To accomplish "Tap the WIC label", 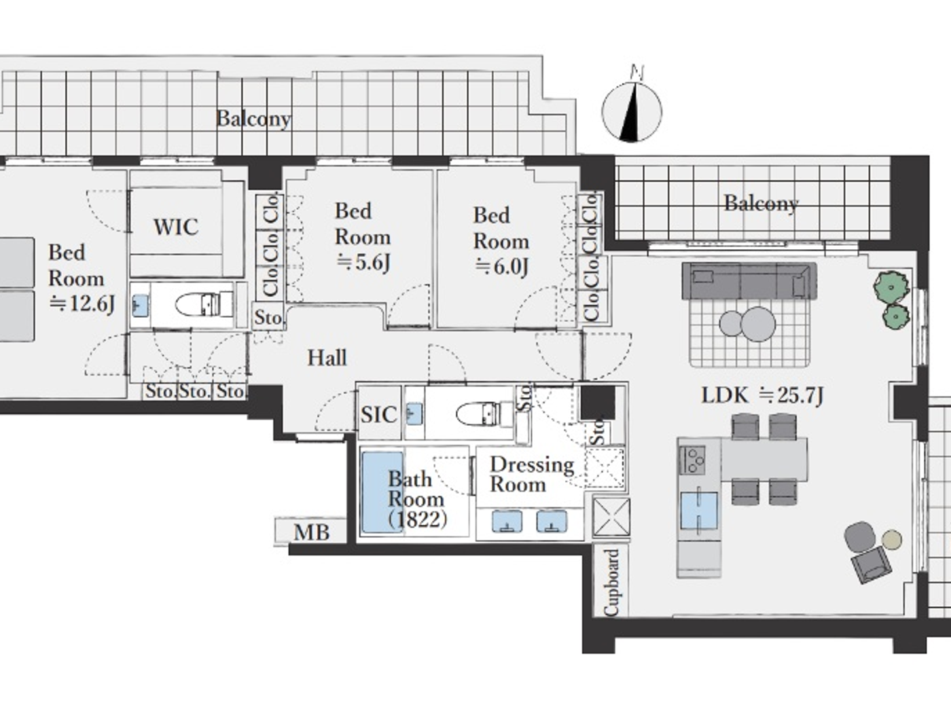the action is point(176,227).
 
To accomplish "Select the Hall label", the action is point(327,358).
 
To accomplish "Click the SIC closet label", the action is point(378,415).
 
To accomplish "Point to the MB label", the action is point(312,532).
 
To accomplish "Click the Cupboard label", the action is point(611,582).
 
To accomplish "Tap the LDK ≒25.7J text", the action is point(762,395).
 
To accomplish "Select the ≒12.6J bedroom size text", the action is point(82,304).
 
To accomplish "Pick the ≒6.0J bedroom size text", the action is point(502,266).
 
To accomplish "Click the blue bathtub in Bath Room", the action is point(382,492).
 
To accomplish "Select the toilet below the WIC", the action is point(204,304).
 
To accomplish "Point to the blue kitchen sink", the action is point(699,511).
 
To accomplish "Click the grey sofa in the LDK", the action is point(749,280).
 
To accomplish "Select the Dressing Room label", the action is point(532,475).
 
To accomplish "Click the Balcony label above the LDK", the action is point(761,204).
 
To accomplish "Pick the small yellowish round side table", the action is point(892,540).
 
